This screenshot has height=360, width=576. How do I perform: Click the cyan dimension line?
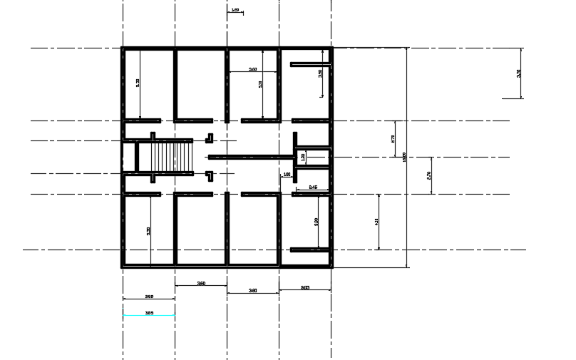148,315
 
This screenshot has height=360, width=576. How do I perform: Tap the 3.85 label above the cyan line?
149,312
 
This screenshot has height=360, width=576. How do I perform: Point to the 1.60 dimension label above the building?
235,11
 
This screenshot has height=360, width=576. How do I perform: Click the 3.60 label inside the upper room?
252,69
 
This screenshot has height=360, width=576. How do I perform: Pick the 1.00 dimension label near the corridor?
287,174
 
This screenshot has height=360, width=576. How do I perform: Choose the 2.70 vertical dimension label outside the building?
428,175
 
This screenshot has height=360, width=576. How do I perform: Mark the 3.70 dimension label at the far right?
519,73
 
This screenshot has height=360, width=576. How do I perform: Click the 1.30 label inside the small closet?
302,157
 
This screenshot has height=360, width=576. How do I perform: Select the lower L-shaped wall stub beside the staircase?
210,175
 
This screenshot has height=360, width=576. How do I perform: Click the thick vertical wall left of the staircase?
136,156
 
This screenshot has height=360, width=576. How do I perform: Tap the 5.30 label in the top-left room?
138,83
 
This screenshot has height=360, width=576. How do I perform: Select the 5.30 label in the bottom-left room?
148,232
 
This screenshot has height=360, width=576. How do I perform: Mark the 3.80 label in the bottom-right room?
316,222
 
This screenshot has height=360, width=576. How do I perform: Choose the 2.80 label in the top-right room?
320,73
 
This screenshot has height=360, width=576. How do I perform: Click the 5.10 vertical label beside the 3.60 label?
261,83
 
